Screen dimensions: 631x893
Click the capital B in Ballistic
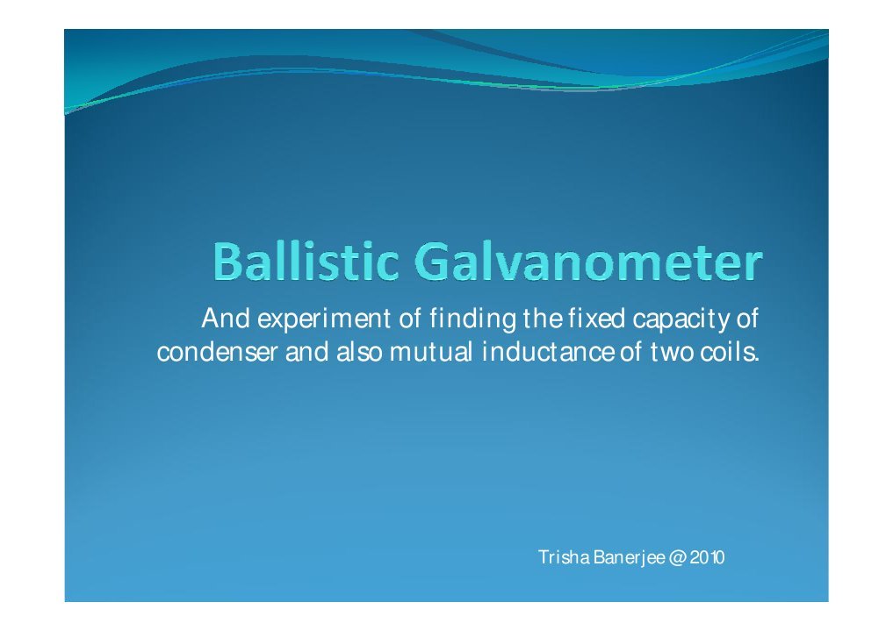click(228, 264)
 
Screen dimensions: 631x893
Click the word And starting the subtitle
click(220, 317)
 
